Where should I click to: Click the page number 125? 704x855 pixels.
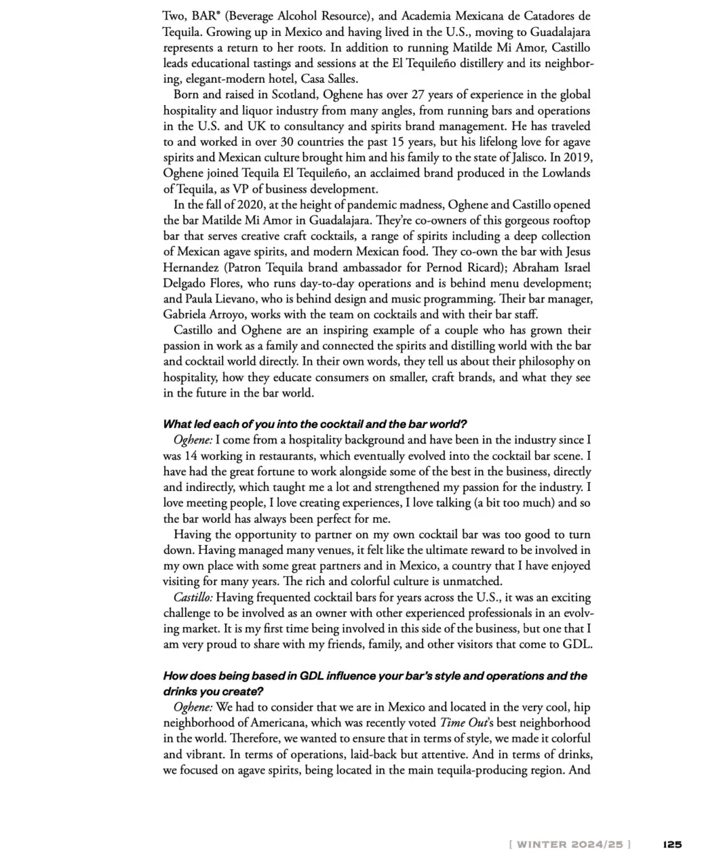[672, 843]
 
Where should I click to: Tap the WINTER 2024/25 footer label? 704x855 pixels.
[569, 843]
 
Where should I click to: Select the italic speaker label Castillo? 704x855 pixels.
[193, 597]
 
